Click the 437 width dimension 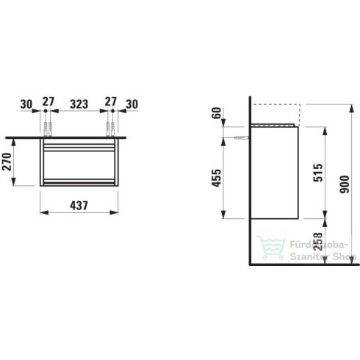point(79,206)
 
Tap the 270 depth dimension point(7,162)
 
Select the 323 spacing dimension point(79,104)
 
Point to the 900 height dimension point(345,184)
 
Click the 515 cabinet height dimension point(318,173)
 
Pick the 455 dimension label point(216,178)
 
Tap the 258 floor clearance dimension point(318,242)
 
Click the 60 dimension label point(217,113)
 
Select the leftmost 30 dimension point(26,104)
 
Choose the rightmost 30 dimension point(132,104)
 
